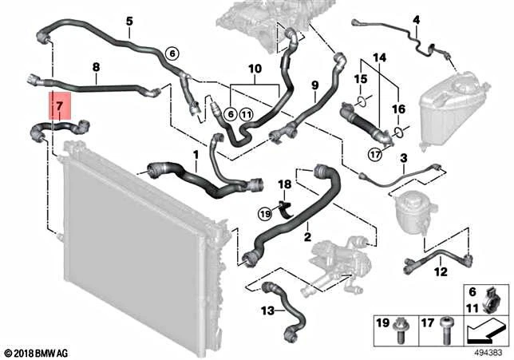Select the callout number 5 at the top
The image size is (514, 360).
[x=128, y=20]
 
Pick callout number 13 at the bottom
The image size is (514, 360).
[x=267, y=311]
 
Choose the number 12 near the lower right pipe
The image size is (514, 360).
[x=441, y=272]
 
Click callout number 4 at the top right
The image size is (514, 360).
[x=415, y=19]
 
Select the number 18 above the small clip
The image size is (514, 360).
[x=284, y=185]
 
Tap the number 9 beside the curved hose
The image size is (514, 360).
[x=315, y=85]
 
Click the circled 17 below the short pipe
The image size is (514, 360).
[x=374, y=154]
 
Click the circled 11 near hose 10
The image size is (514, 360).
[x=246, y=115]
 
